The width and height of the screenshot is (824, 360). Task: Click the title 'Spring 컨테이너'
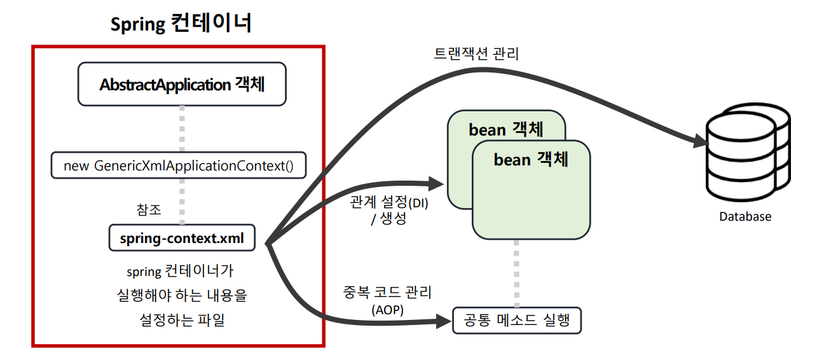pyautogui.click(x=181, y=24)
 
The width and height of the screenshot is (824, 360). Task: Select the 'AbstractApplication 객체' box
pyautogui.click(x=182, y=84)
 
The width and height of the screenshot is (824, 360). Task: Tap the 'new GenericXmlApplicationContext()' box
pyautogui.click(x=179, y=166)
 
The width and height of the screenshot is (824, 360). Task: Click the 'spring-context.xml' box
pyautogui.click(x=182, y=239)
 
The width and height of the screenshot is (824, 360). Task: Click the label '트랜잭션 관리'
pyautogui.click(x=476, y=54)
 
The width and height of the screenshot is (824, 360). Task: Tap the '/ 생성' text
pyautogui.click(x=388, y=219)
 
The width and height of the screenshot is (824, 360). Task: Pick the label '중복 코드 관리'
pyautogui.click(x=387, y=293)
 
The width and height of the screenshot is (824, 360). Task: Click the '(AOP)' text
pyautogui.click(x=388, y=310)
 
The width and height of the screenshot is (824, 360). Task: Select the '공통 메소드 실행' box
pyautogui.click(x=517, y=321)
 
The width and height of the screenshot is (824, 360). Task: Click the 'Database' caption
pyautogui.click(x=745, y=216)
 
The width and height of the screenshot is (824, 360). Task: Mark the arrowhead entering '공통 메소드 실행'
pyautogui.click(x=443, y=321)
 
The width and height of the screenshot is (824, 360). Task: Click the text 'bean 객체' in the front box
pyautogui.click(x=531, y=159)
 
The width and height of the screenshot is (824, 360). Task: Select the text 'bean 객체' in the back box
pyautogui.click(x=506, y=129)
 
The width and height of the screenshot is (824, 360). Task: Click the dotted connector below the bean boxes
pyautogui.click(x=517, y=273)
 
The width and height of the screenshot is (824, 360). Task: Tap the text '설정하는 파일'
pyautogui.click(x=182, y=320)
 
